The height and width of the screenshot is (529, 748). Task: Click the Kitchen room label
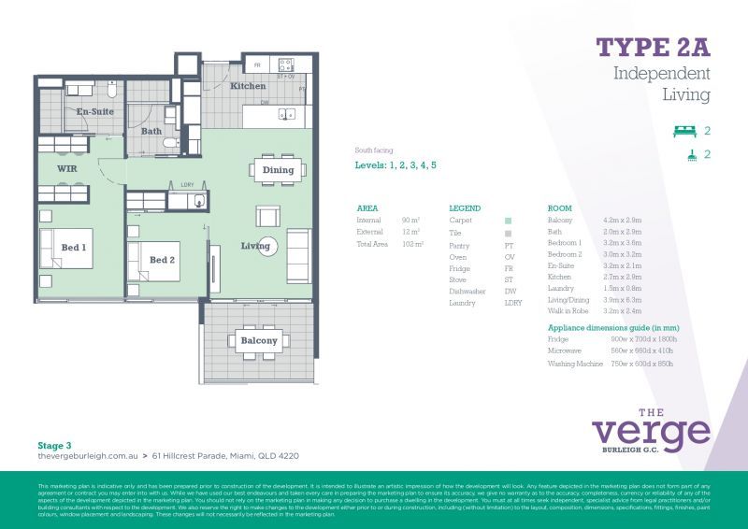click(x=248, y=86)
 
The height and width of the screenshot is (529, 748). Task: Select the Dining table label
click(x=278, y=170)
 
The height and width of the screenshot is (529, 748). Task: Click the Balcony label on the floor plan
click(x=258, y=341)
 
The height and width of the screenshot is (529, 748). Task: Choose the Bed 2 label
click(x=162, y=260)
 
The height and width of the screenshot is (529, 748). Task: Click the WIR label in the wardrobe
click(x=66, y=169)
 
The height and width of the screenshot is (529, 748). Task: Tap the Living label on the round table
click(x=255, y=247)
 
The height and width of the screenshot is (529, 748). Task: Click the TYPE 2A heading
click(x=654, y=47)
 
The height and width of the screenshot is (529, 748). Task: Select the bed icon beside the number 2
click(x=685, y=131)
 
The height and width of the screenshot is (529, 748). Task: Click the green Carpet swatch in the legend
click(x=509, y=221)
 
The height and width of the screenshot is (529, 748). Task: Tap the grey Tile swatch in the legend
click(x=509, y=233)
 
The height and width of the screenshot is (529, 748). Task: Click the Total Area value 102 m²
click(x=412, y=244)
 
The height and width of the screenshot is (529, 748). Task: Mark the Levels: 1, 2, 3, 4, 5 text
click(x=396, y=164)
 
